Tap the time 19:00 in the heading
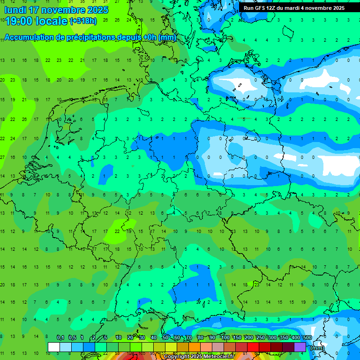[19, 21]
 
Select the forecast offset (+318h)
[83, 21]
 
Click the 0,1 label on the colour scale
[60, 338]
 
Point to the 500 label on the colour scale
[307, 338]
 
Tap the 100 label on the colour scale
[225, 338]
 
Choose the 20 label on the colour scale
[130, 338]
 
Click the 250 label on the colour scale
[260, 338]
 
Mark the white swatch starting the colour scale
[54, 347]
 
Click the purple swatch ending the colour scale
[300, 347]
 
